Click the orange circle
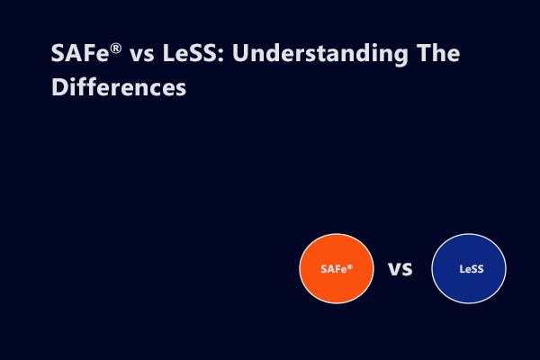337,288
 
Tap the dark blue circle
469,268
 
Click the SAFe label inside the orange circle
334,269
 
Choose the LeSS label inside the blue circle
469,268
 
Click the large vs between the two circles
400,268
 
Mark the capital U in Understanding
227,54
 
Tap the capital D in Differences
59,89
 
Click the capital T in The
418,54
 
